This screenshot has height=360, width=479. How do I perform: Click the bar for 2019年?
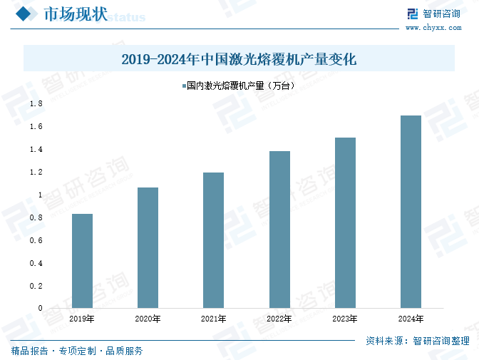[82, 261]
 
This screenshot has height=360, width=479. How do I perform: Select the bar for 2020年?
[148, 248]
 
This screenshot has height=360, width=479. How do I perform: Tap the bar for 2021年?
[213, 240]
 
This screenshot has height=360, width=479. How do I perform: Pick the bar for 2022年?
[279, 230]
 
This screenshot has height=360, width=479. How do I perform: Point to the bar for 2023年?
[345, 223]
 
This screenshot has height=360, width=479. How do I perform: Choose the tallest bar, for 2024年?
[411, 212]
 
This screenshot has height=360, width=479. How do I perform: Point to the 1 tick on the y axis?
[40, 195]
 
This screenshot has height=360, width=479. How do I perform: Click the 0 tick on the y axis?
[40, 308]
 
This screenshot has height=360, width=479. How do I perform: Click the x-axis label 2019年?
[82, 319]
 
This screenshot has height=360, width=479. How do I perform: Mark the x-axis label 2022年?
[279, 319]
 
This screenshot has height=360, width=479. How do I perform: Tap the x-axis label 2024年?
[411, 319]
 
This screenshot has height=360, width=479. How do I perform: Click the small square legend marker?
[182, 86]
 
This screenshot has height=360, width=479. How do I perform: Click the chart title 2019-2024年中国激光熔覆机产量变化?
[239, 59]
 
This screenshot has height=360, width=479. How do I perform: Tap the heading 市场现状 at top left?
[75, 15]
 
